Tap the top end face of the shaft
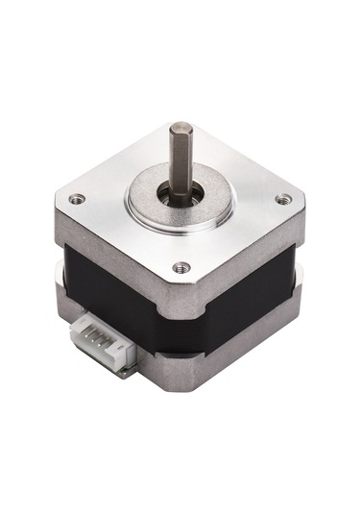click(180, 127)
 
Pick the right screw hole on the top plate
click(283, 199)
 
